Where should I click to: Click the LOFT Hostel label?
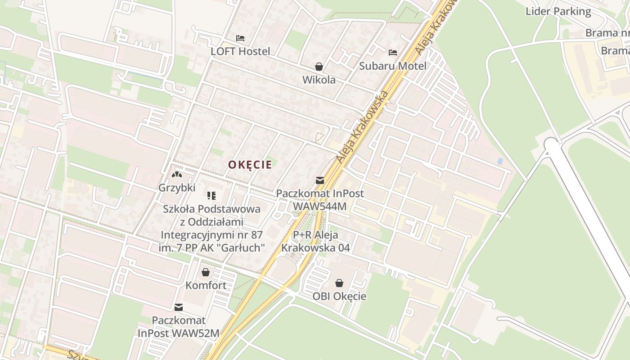[240, 51]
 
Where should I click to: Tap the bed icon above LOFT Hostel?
[240, 38]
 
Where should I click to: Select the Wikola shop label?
[319, 80]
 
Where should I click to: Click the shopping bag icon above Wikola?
[319, 67]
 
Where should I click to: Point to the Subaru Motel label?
[392, 66]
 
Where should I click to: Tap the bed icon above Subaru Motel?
[393, 53]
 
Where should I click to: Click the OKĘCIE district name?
[250, 165]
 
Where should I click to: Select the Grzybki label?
[177, 188]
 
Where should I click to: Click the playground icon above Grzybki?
[177, 174]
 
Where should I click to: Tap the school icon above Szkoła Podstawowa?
[211, 195]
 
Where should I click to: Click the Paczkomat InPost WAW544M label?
[319, 199]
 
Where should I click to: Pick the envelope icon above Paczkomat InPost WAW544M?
[319, 180]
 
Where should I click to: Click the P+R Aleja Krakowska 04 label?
[315, 241]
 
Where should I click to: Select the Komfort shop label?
[206, 285]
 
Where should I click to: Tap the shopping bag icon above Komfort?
[206, 272]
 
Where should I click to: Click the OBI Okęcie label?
[339, 296]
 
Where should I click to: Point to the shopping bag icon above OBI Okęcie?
[339, 283]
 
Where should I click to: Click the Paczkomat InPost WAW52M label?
[179, 327]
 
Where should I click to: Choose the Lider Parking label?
[558, 12]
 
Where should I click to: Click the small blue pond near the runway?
[500, 161]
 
